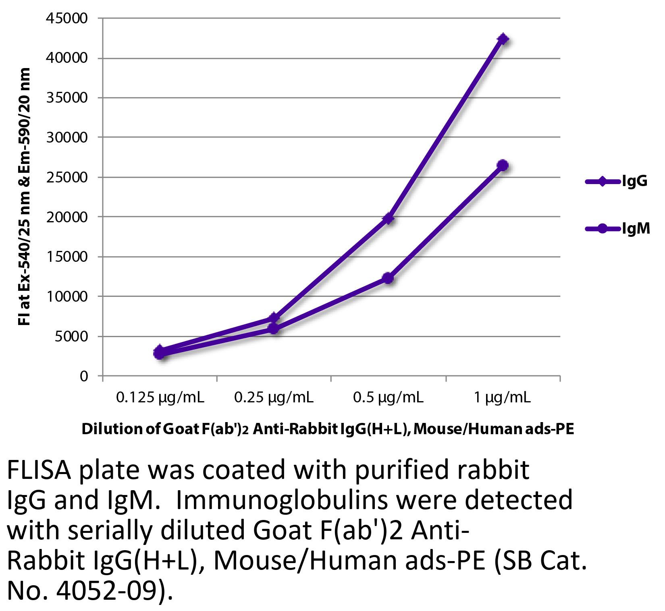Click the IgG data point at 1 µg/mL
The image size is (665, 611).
(503, 39)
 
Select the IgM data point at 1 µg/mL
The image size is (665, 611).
(502, 165)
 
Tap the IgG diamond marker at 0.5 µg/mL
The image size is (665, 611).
(388, 219)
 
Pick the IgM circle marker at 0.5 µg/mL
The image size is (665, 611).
(388, 278)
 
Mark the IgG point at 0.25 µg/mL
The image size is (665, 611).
(274, 318)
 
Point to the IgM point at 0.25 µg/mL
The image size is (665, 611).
(274, 329)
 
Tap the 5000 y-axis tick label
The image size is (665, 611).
(73, 336)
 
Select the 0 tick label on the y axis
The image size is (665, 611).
(83, 376)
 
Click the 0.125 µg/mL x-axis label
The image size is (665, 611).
(160, 398)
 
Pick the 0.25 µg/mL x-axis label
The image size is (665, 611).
(274, 398)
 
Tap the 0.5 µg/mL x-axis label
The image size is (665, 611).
(388, 398)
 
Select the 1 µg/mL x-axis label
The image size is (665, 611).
(502, 398)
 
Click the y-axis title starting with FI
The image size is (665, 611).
(25, 197)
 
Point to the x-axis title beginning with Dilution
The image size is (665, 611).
(328, 429)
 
